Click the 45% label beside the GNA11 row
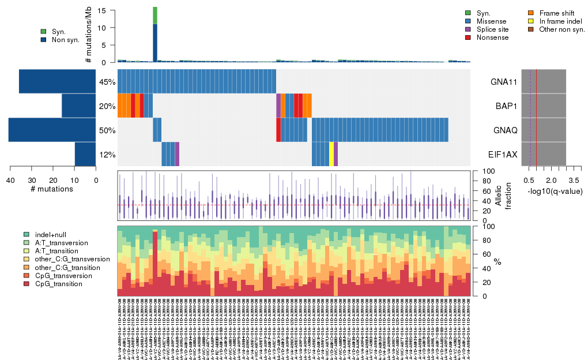[x=107, y=81]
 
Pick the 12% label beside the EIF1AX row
[x=107, y=155]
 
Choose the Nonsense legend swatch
[x=468, y=37]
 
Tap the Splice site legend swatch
[x=468, y=29]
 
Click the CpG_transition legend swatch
[x=27, y=284]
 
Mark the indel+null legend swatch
[x=27, y=235]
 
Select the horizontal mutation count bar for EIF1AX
[x=85, y=155]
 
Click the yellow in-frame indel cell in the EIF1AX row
[x=331, y=155]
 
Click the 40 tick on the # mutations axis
[x=10, y=180]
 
